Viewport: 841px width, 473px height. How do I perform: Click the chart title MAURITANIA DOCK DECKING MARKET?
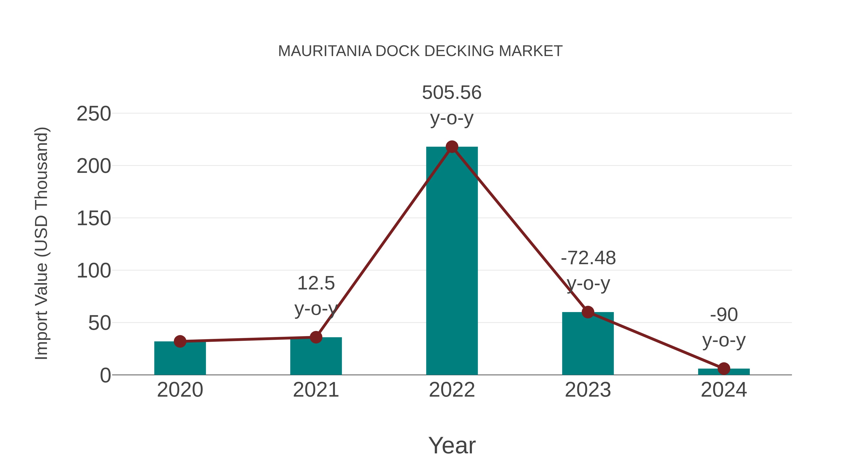(420, 51)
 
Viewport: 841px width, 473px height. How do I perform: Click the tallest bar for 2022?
(452, 261)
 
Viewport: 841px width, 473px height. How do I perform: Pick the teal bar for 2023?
(588, 346)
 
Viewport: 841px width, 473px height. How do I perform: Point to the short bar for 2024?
(724, 372)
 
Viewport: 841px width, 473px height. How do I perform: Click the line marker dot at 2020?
(180, 341)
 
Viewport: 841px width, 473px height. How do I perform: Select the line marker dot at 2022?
(452, 147)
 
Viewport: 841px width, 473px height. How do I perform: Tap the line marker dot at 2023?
(588, 312)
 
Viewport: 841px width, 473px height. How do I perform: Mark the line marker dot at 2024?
(724, 369)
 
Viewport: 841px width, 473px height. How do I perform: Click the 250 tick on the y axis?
(94, 114)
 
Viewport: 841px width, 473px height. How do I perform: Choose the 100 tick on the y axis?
(94, 271)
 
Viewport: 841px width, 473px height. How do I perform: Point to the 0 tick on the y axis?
(105, 375)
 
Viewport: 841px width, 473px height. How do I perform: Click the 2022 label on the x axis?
(452, 390)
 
